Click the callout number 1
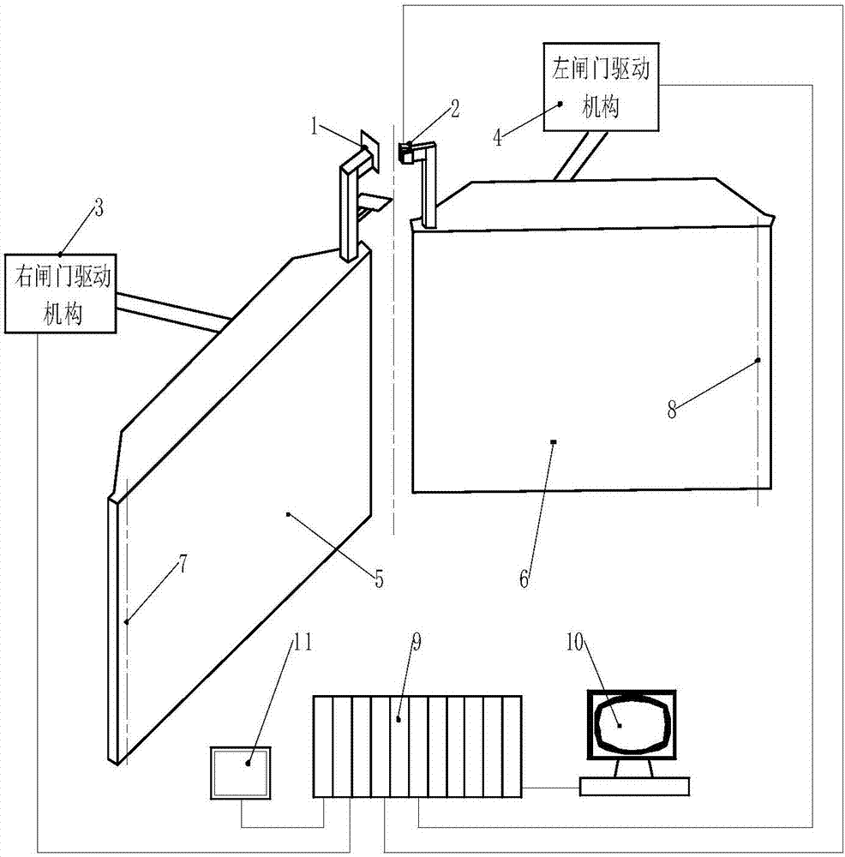pos(315,129)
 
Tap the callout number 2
pos(456,108)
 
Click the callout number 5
pos(378,578)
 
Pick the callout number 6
pos(525,578)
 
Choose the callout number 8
pos(673,410)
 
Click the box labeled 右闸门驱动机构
pos(62,293)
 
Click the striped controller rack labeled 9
pos(417,746)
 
